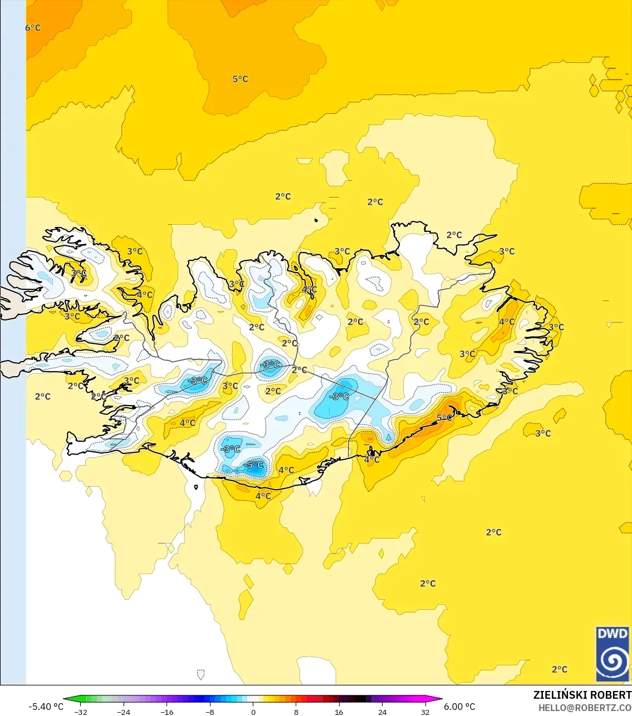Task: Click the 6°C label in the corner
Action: (x=33, y=28)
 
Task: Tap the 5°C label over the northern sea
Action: (x=240, y=79)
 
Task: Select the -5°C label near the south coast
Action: (x=254, y=465)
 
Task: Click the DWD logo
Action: (x=613, y=654)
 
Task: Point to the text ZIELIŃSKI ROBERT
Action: (x=582, y=695)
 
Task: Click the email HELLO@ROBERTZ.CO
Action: (x=585, y=708)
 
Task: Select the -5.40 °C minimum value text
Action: (x=46, y=707)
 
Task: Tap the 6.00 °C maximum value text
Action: (x=459, y=707)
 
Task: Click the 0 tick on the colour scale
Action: (x=253, y=712)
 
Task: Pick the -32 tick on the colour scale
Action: (x=81, y=712)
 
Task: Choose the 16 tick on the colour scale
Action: (x=339, y=712)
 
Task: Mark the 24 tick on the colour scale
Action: (x=382, y=712)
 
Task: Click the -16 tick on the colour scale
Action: (x=167, y=712)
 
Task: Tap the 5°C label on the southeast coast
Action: (x=444, y=418)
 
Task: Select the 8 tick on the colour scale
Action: (x=296, y=712)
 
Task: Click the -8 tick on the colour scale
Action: (x=210, y=712)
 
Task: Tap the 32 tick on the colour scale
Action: (x=425, y=712)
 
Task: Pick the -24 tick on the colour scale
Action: (x=124, y=712)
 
